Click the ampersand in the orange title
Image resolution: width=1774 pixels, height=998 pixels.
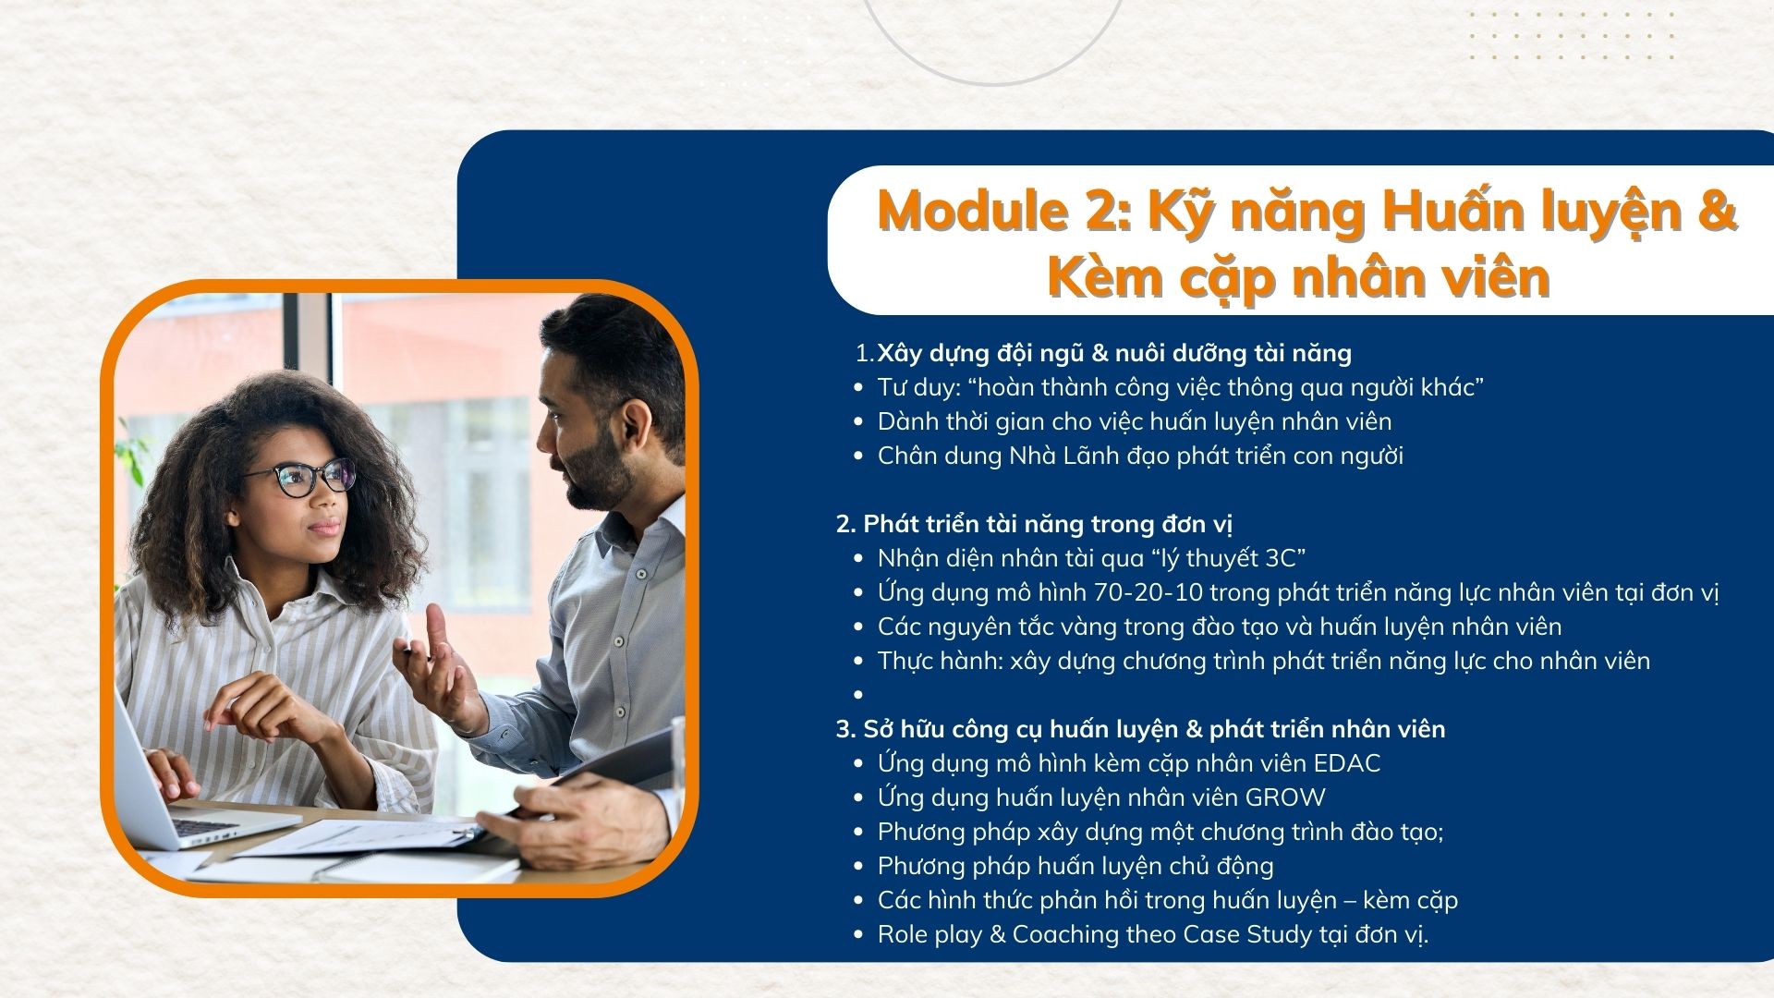click(1717, 211)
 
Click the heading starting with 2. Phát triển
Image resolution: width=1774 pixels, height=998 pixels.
click(1034, 524)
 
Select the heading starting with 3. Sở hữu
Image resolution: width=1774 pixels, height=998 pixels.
click(1140, 729)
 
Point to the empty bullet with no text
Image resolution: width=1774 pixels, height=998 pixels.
click(858, 694)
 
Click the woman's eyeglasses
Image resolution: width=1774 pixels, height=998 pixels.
click(300, 479)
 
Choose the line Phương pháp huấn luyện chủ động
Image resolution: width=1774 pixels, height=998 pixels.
click(1075, 866)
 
